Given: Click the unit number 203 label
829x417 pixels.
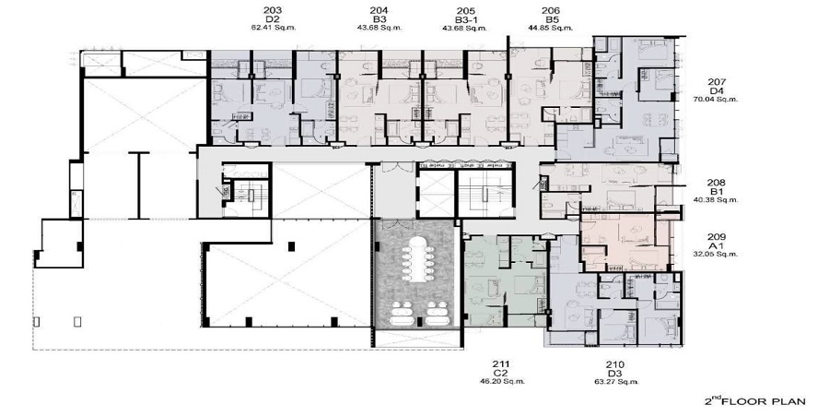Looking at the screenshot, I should point(273,9).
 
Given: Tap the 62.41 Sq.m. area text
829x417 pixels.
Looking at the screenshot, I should point(273,28).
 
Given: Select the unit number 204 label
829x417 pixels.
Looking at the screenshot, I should point(379,9).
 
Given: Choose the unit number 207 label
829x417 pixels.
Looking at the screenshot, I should point(717,79).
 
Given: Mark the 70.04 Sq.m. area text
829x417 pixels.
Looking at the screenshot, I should point(717,98).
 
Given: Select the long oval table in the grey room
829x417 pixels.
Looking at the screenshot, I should point(414,260).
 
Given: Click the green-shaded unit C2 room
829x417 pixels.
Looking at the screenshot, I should point(502,277).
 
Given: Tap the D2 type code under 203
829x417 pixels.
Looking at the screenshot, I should point(273,18).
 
